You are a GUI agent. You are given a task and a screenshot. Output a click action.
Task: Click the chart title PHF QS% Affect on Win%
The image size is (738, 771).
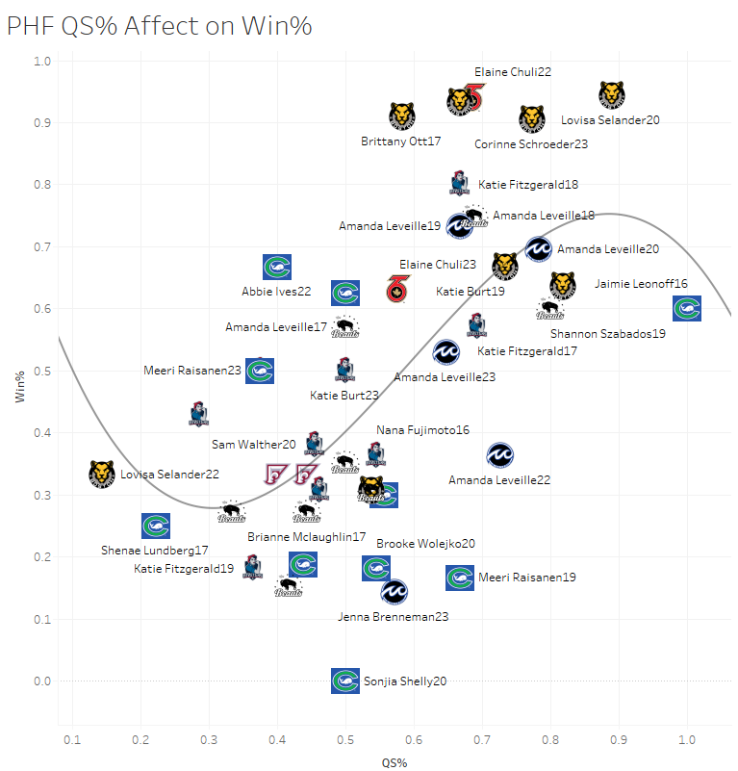[x=159, y=26]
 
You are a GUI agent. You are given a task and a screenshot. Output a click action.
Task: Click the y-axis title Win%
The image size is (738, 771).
[x=20, y=395]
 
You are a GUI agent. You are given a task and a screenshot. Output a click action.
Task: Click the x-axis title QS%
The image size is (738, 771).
[x=394, y=762]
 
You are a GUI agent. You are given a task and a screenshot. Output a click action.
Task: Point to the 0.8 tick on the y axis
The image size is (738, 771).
[x=41, y=185]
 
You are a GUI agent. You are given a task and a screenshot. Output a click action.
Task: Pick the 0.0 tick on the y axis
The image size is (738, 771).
[x=41, y=681]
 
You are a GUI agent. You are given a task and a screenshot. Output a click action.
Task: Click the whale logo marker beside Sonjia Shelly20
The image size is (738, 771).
[x=345, y=681]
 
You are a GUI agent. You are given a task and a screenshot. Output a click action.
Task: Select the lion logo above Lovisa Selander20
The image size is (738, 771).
[x=612, y=94]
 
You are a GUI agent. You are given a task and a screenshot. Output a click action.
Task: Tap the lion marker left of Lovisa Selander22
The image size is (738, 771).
[x=101, y=474]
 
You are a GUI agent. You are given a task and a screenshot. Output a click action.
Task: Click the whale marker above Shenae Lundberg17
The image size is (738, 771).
[x=156, y=527]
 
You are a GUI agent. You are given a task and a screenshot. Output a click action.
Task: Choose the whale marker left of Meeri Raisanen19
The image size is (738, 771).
[x=460, y=578]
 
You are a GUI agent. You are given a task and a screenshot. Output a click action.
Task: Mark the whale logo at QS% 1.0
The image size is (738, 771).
[x=686, y=309]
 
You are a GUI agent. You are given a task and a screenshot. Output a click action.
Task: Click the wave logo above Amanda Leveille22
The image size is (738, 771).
[x=499, y=455]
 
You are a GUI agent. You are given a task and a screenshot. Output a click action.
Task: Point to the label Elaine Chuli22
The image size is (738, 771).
[x=513, y=72]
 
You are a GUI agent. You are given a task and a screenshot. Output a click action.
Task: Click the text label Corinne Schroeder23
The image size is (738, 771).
[x=531, y=144]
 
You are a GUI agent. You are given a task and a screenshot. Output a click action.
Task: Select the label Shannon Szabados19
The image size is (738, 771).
[x=608, y=334]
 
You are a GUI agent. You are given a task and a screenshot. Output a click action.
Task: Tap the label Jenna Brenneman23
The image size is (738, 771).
[x=394, y=616]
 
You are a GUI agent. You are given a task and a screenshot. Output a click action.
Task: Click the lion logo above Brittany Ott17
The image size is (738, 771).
[x=402, y=116]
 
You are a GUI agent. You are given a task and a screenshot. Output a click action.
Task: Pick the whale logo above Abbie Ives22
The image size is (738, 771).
[x=277, y=267]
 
